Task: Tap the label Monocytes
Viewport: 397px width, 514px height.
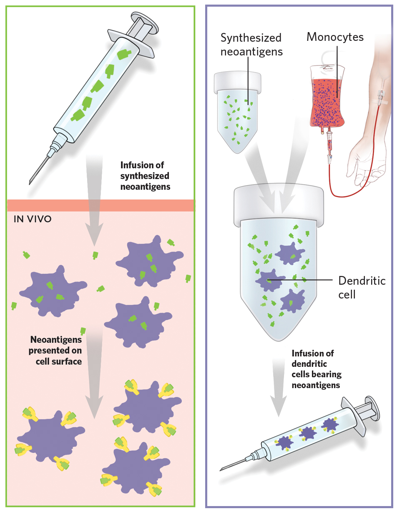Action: pos(335,37)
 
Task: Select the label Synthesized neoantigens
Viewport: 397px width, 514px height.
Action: pos(251,45)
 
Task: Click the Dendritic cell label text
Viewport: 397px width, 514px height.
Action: pos(362,287)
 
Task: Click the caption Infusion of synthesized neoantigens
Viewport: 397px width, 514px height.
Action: pos(145,176)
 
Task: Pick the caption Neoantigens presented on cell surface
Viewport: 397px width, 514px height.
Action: pos(56,351)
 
